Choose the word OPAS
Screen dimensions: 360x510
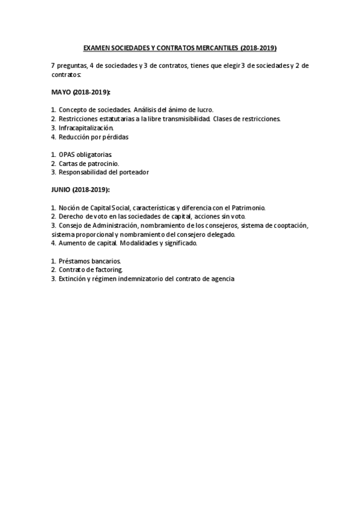pyautogui.click(x=68, y=155)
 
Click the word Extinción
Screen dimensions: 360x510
pyautogui.click(x=73, y=279)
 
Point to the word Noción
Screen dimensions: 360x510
pyautogui.click(x=70, y=207)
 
